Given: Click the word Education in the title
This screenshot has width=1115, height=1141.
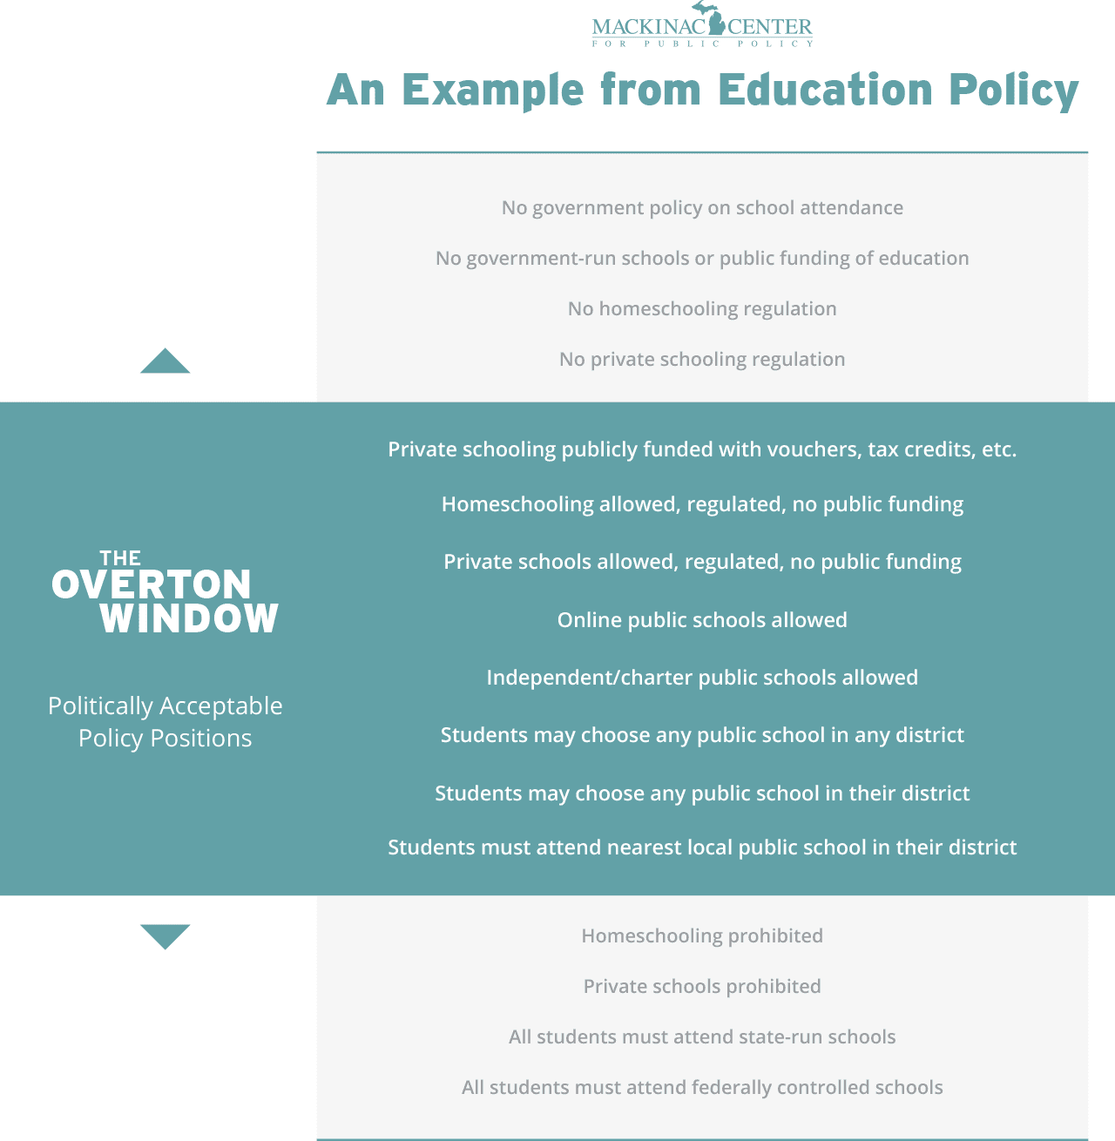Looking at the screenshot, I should (826, 90).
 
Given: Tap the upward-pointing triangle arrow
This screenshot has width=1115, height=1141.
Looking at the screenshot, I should (166, 361).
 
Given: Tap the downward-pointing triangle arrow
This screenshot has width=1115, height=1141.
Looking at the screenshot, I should (166, 936).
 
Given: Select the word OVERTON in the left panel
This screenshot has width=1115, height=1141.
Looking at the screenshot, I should (152, 585).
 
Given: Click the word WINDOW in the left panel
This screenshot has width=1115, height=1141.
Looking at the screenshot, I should (189, 618).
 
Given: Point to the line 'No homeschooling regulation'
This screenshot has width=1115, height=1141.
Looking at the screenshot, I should (702, 309).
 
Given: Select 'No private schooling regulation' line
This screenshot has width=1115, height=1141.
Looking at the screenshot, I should (702, 360).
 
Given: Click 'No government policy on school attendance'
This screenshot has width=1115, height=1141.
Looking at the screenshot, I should (702, 208).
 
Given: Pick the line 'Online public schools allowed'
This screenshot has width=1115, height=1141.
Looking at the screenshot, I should (702, 620).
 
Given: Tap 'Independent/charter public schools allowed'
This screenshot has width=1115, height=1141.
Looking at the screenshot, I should (702, 678).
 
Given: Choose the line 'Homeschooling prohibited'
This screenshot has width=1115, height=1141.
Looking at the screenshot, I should (702, 936).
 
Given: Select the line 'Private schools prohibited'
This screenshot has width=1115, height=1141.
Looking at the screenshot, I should (702, 987).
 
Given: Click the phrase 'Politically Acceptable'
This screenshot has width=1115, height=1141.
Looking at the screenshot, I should (166, 706).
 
